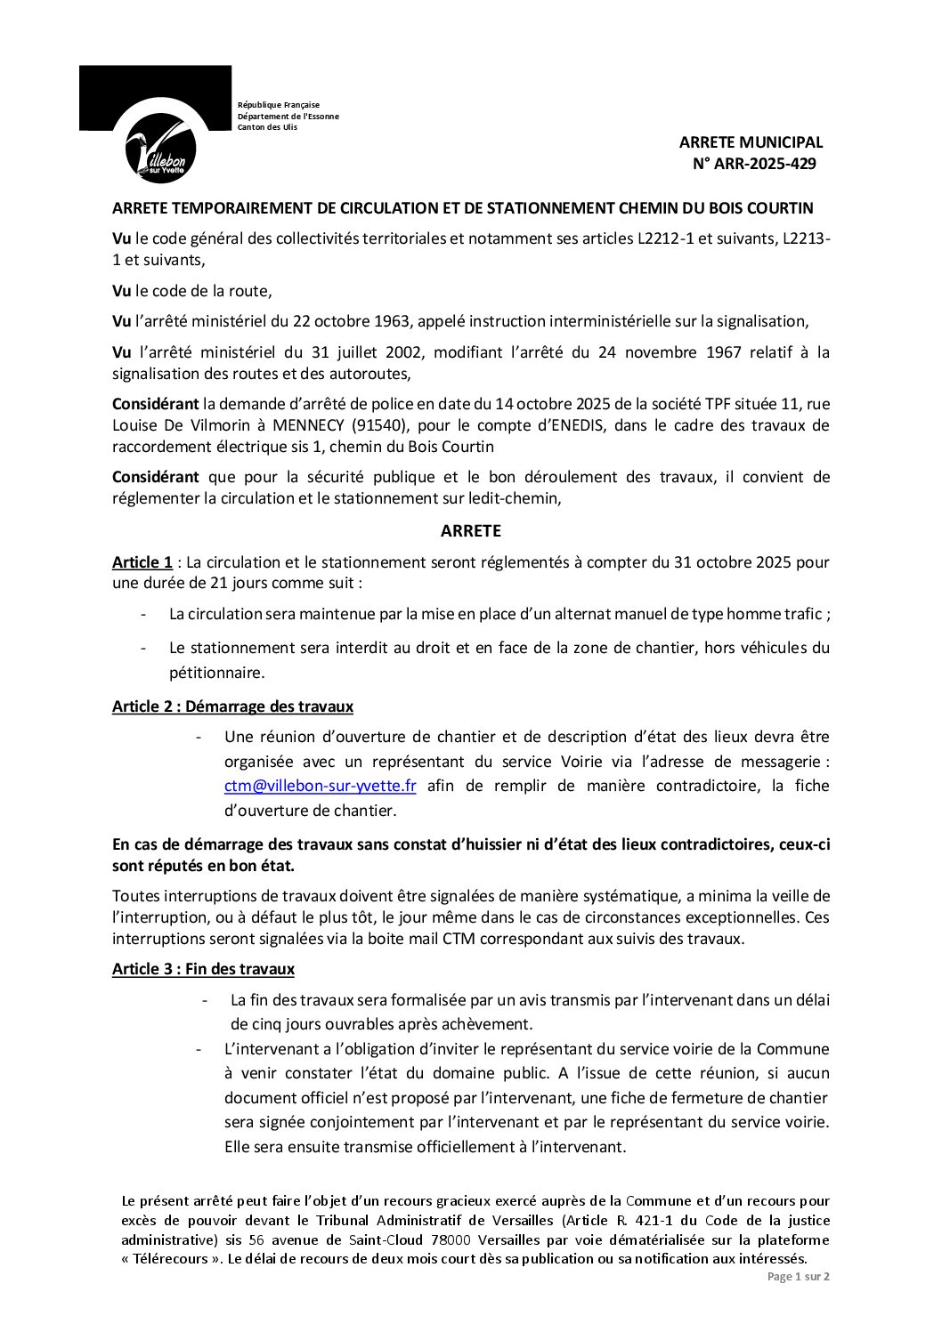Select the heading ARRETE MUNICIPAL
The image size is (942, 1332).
pos(751,142)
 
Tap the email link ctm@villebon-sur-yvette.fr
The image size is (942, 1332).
pos(321,786)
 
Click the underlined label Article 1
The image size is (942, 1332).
pos(142,562)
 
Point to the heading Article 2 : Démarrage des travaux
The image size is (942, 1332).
pos(232,706)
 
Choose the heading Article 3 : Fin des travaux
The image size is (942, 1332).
pos(203,969)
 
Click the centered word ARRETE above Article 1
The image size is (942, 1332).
pos(470,531)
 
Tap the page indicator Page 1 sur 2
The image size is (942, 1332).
pos(798,1277)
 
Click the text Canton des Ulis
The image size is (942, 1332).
pos(267,127)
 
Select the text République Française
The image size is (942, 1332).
pos(278,105)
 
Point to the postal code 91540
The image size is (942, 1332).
pos(467,425)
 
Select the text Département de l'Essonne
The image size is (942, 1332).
pos(288,117)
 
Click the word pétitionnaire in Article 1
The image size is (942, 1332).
pos(217,673)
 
